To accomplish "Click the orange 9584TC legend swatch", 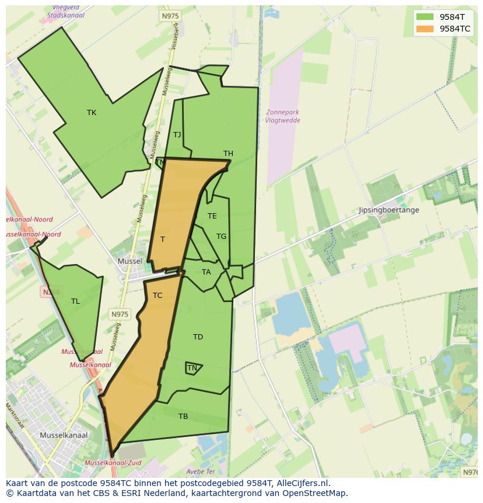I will [x=425, y=29].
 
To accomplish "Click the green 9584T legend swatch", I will [x=425, y=17].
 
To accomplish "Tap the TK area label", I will [x=92, y=113].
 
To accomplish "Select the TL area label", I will [x=75, y=301].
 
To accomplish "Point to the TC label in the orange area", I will [x=157, y=296].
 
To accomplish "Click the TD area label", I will [x=198, y=337].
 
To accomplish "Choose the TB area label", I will [x=183, y=417].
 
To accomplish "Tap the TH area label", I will [x=228, y=154].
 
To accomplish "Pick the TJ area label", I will [x=177, y=135].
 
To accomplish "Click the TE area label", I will [x=212, y=216].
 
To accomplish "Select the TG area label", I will [x=221, y=237].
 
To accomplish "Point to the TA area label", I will [x=206, y=272].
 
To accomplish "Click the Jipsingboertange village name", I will [x=388, y=210].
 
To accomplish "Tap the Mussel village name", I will [x=129, y=261].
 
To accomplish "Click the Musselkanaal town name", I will [x=64, y=435].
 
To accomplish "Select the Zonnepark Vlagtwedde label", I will [x=283, y=116].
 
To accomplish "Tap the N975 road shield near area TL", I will [x=120, y=314].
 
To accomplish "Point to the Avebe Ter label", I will [x=201, y=471].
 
